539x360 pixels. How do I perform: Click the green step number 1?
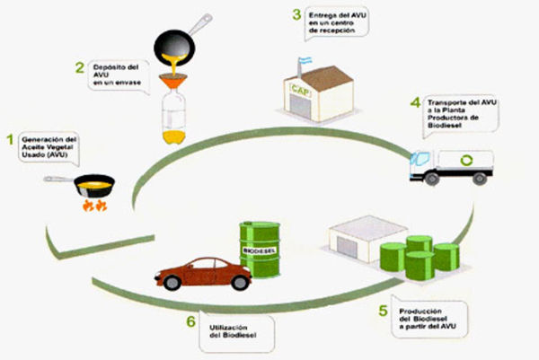click(x=11, y=139)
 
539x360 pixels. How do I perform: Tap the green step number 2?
click(x=79, y=66)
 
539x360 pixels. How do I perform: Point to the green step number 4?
click(x=415, y=104)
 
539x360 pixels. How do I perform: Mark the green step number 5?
click(x=384, y=311)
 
